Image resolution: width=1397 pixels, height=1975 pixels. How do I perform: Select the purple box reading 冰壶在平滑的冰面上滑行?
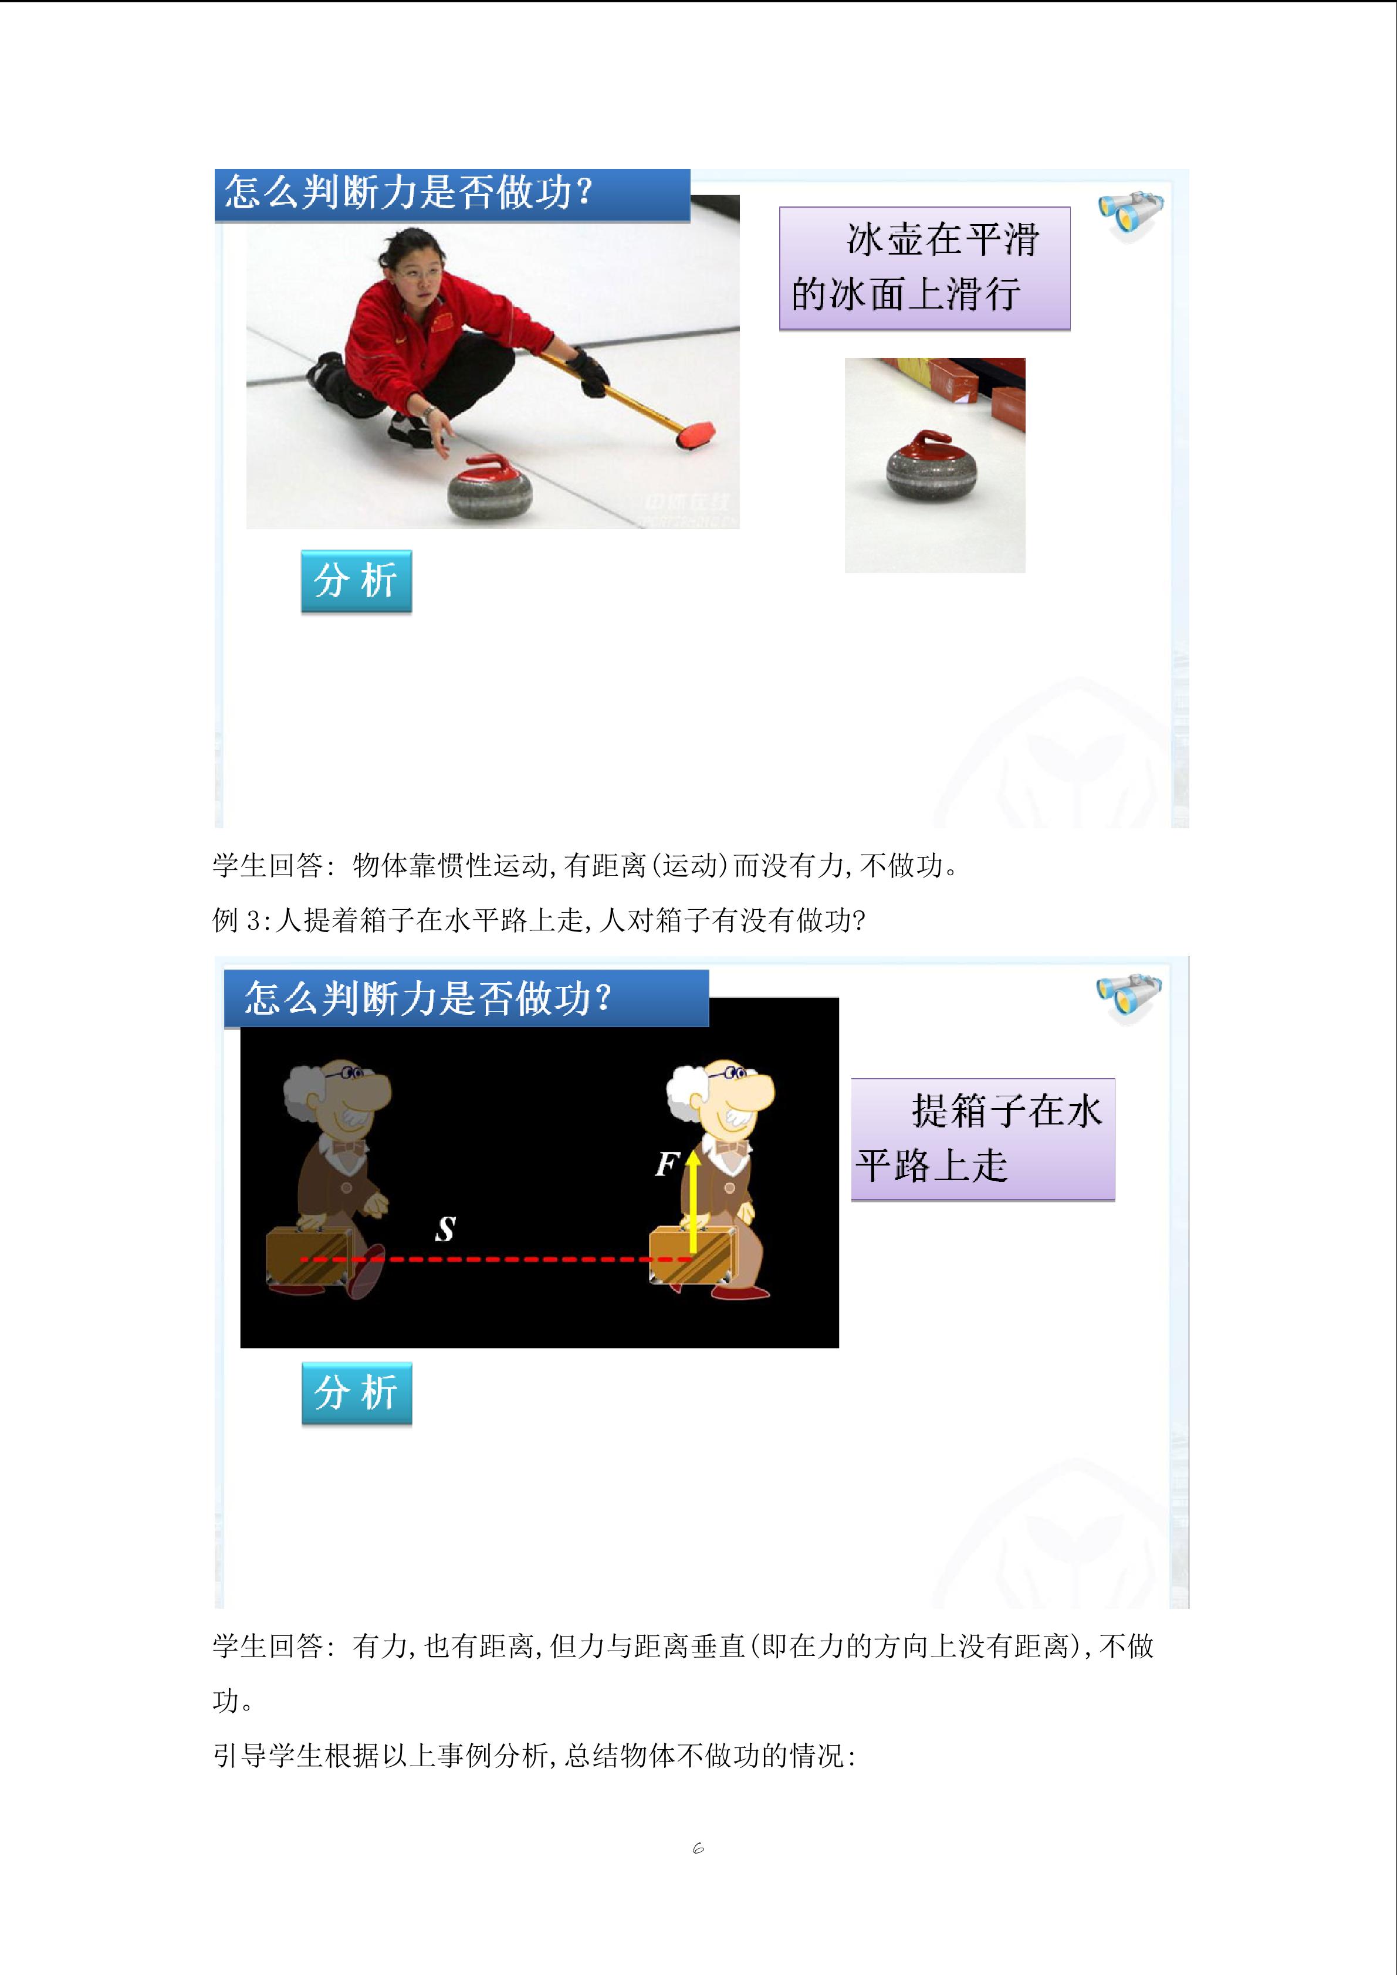point(925,269)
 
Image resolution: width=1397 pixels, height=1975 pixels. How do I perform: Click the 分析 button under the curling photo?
point(356,581)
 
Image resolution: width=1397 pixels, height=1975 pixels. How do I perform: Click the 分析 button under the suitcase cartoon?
point(357,1394)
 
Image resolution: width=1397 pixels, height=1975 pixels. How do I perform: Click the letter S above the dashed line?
point(445,1230)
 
